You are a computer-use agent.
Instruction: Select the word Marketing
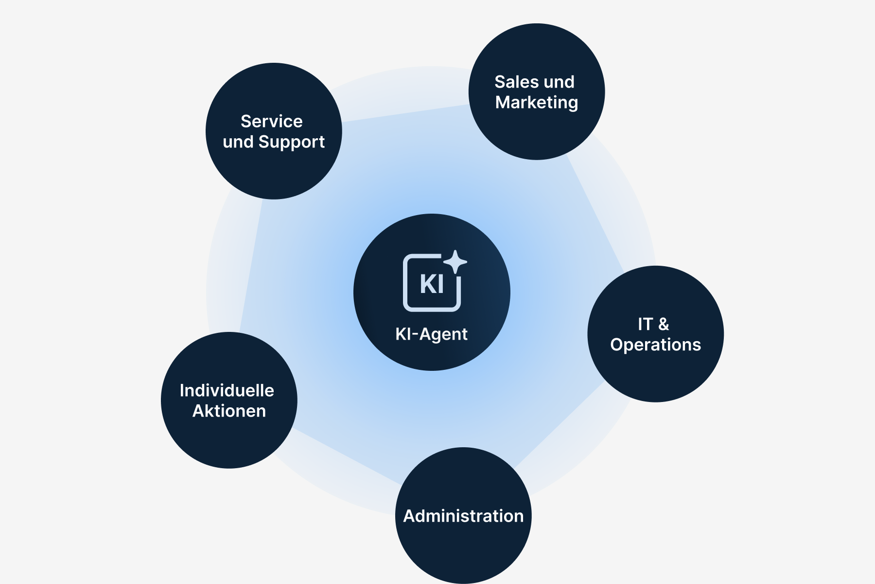click(x=537, y=103)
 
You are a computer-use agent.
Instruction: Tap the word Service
click(x=272, y=121)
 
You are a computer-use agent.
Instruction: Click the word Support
click(x=292, y=142)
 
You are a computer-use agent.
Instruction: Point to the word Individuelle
click(x=227, y=390)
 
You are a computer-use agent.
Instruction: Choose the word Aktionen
click(x=229, y=411)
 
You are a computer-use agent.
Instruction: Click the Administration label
click(x=463, y=516)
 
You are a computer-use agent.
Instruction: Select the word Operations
click(x=655, y=345)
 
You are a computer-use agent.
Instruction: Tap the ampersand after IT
click(x=664, y=324)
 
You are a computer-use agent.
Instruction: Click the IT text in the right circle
click(x=645, y=324)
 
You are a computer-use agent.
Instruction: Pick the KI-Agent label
click(x=432, y=334)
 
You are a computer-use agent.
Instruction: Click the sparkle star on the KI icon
click(x=455, y=262)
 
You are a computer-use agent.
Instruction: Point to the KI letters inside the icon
click(x=432, y=284)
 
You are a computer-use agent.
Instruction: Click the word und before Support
click(x=238, y=142)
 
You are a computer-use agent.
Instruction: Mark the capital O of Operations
click(x=617, y=345)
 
